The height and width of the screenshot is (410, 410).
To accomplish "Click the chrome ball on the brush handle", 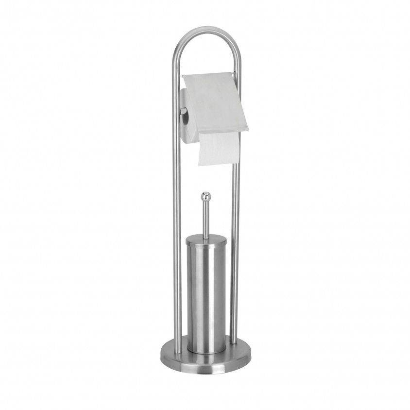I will pos(205,196).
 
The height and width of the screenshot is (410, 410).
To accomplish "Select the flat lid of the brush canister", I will pos(206,237).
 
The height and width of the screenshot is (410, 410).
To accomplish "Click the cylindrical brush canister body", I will pos(206,291).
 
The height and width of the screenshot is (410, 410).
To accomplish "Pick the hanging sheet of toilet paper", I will pos(219,148).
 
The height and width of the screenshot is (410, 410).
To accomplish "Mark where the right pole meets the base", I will pos(234,342).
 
